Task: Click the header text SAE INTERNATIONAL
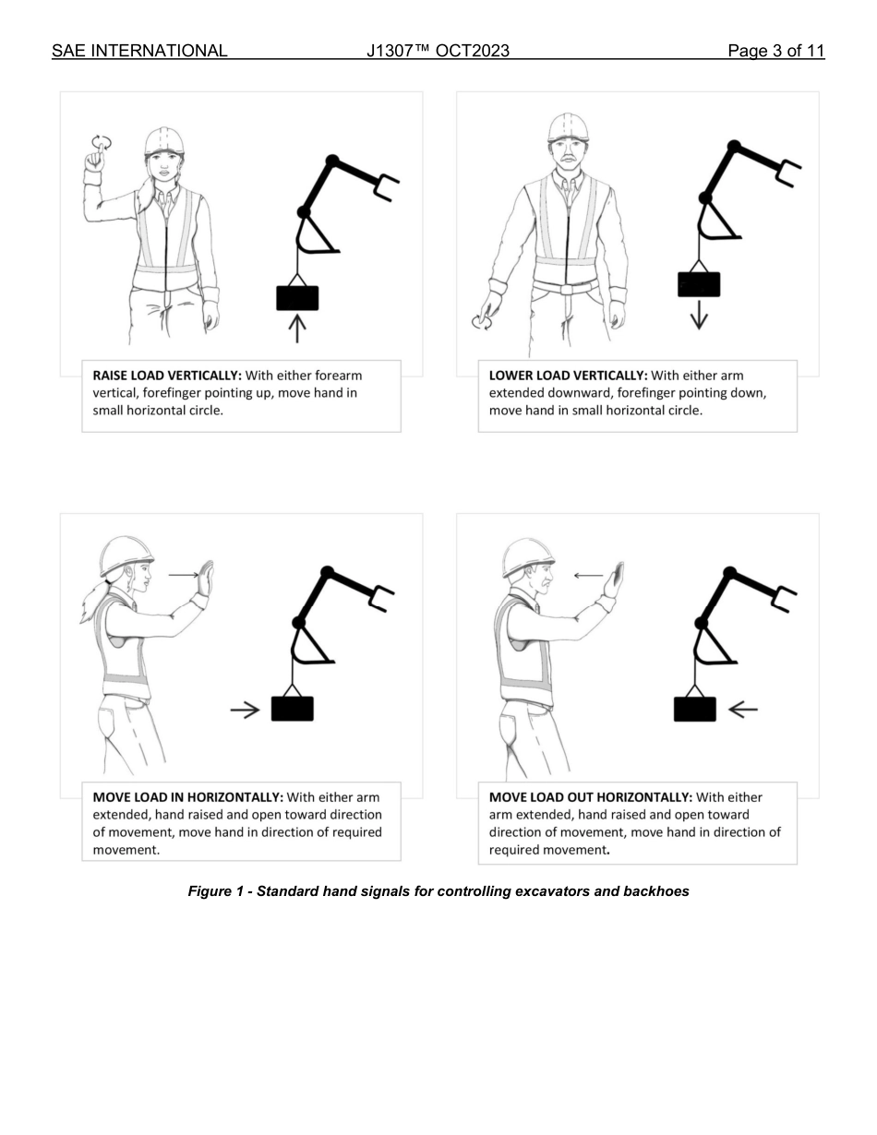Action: point(139,51)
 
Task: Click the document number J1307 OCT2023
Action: point(438,51)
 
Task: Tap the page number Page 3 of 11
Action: point(775,51)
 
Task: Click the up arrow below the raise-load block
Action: point(296,329)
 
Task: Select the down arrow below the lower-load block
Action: point(699,315)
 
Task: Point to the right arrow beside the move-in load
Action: point(245,710)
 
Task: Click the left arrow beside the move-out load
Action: point(742,710)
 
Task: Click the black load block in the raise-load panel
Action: point(297,298)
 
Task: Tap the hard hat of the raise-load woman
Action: point(164,139)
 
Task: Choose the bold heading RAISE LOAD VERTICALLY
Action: point(167,376)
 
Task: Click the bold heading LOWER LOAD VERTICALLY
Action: point(568,376)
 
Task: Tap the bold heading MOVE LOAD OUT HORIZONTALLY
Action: point(590,797)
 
